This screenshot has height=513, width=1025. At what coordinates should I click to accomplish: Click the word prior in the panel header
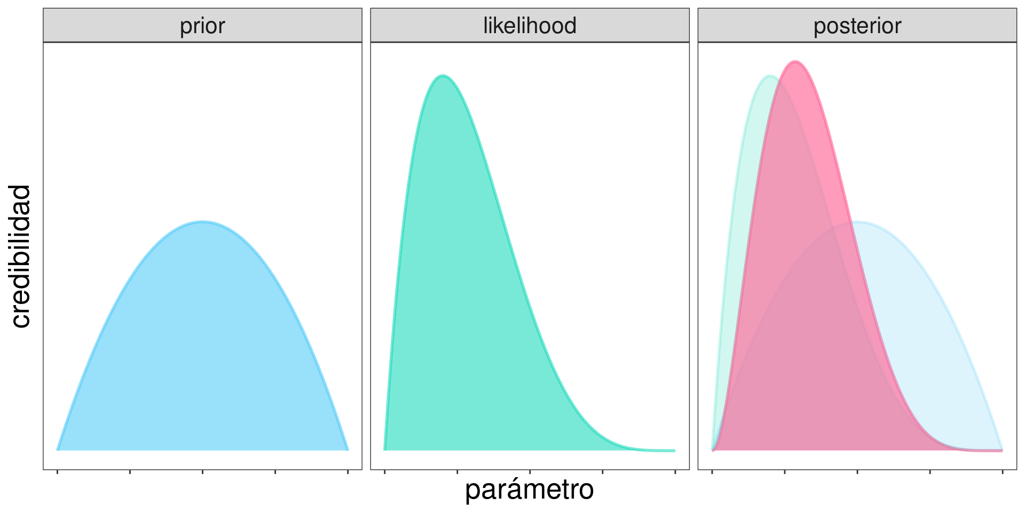pyautogui.click(x=202, y=26)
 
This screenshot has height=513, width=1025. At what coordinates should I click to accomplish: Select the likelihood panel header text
pyautogui.click(x=530, y=26)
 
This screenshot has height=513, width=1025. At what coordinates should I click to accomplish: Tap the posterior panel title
pyautogui.click(x=857, y=26)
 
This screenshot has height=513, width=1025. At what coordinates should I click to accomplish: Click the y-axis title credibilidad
pyautogui.click(x=21, y=256)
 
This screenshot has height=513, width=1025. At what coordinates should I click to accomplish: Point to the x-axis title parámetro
pyautogui.click(x=529, y=489)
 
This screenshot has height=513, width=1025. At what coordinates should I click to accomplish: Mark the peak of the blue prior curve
pyautogui.click(x=202, y=222)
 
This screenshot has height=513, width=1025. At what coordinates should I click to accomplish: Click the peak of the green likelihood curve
pyautogui.click(x=443, y=76)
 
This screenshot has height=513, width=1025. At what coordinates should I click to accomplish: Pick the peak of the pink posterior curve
pyautogui.click(x=795, y=62)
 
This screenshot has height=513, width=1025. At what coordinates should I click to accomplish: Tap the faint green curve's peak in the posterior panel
pyautogui.click(x=770, y=76)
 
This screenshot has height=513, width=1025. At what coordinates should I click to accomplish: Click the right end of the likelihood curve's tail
pyautogui.click(x=675, y=450)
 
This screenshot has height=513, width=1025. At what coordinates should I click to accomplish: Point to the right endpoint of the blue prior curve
pyautogui.click(x=348, y=450)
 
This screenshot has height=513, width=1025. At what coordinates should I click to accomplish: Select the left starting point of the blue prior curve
pyautogui.click(x=58, y=450)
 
